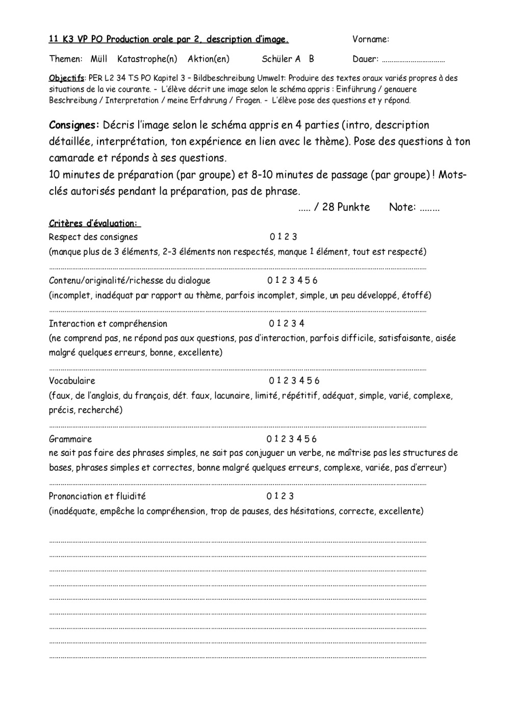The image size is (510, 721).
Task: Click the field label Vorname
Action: pyautogui.click(x=370, y=39)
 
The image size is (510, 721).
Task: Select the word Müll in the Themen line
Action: pyautogui.click(x=99, y=59)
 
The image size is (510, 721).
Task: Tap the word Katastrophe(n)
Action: pyautogui.click(x=147, y=59)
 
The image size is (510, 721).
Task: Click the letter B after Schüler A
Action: pyautogui.click(x=311, y=59)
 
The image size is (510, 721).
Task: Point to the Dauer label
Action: pyautogui.click(x=365, y=59)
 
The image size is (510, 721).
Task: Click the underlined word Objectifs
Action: pyautogui.click(x=66, y=78)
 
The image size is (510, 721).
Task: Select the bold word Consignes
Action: pyautogui.click(x=73, y=125)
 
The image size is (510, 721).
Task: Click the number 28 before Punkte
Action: pyautogui.click(x=328, y=207)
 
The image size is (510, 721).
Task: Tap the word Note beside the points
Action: pyautogui.click(x=401, y=207)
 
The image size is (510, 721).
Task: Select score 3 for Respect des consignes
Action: pyautogui.click(x=295, y=237)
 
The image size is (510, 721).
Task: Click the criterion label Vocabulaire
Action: pyautogui.click(x=72, y=381)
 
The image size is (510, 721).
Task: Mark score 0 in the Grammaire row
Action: pyautogui.click(x=269, y=439)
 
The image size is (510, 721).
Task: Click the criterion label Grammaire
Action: pyautogui.click(x=70, y=439)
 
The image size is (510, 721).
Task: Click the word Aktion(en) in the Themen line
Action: pyautogui.click(x=208, y=59)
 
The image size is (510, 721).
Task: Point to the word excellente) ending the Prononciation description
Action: pyautogui.click(x=401, y=511)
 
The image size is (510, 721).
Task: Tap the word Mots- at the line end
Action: pyautogui.click(x=452, y=175)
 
